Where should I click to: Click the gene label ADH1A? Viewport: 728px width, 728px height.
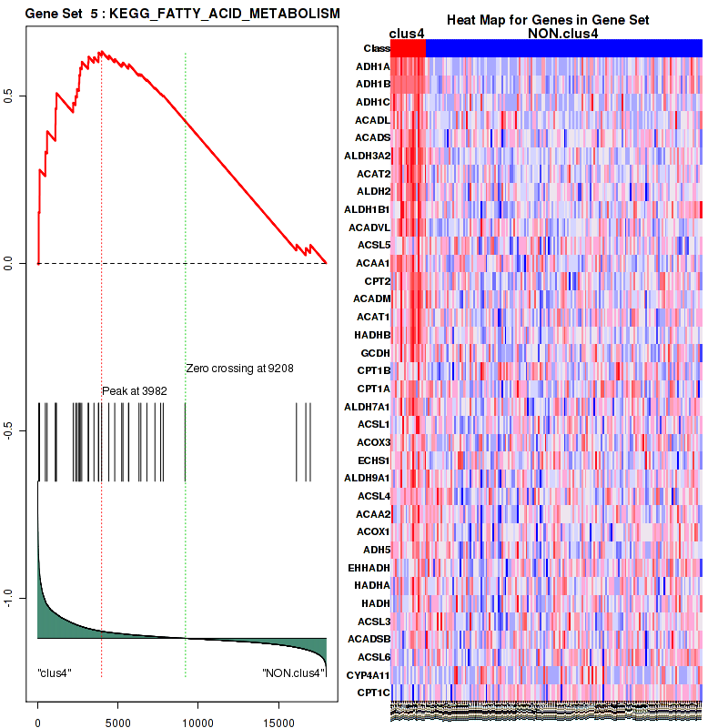(373, 66)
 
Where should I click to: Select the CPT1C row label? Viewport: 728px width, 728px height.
(374, 693)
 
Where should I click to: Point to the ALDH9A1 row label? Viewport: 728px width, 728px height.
(369, 478)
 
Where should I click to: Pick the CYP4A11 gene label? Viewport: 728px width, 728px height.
(369, 674)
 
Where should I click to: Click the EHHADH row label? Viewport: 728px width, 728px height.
(369, 567)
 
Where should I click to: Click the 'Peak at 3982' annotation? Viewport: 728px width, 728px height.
(134, 390)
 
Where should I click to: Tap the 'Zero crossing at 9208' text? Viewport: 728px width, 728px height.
(239, 369)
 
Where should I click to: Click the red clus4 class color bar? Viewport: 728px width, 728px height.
(408, 48)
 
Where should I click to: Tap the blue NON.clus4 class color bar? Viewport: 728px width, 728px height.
(564, 48)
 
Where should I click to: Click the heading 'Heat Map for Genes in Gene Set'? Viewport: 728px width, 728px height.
(547, 21)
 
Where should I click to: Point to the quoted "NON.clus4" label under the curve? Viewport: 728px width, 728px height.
(292, 673)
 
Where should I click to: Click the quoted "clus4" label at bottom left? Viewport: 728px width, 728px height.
(55, 673)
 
